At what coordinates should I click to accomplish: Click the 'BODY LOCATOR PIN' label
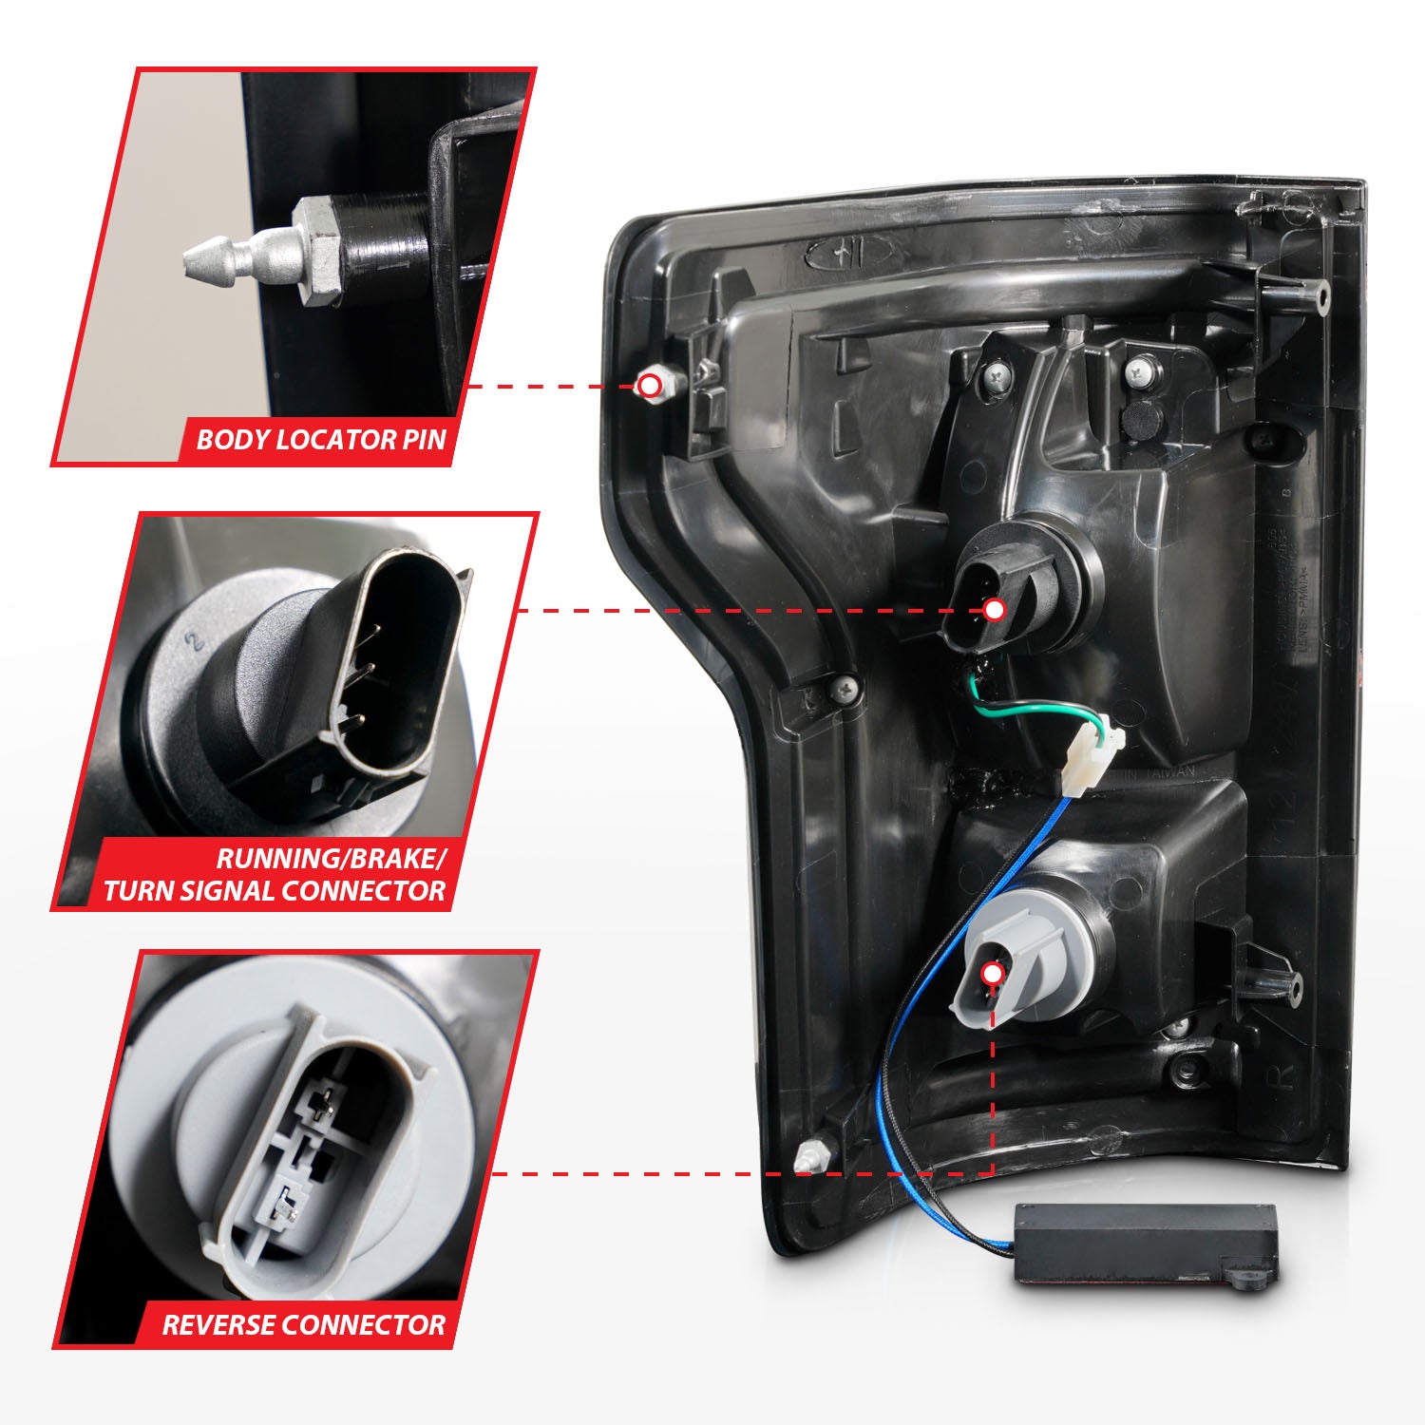[x=320, y=440]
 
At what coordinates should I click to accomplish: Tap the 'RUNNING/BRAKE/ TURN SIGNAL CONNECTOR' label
[x=275, y=875]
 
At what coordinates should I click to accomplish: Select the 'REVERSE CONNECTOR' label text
[x=303, y=1325]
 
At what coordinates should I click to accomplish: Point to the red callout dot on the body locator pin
[x=650, y=386]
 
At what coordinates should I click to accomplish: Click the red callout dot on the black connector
[x=995, y=610]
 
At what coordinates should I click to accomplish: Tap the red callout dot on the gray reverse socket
[x=992, y=974]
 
